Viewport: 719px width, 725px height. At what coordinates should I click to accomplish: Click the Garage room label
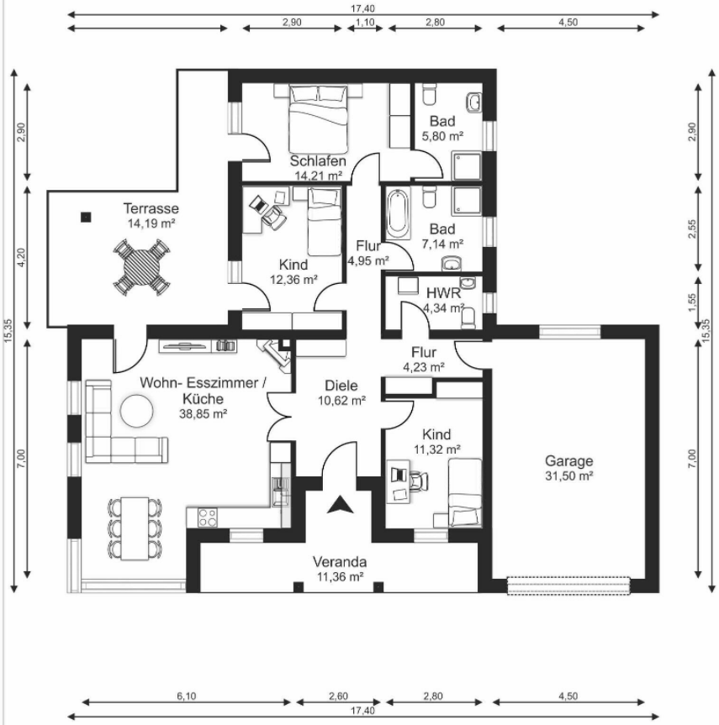click(568, 461)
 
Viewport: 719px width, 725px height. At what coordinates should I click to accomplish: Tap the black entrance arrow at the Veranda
click(340, 504)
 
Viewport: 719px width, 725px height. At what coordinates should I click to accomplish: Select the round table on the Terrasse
click(141, 268)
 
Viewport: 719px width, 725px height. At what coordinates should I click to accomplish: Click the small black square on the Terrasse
click(86, 217)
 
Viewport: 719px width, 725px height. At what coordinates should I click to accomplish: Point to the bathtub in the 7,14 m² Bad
click(397, 213)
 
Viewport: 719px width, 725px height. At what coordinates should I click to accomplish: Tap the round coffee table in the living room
click(136, 411)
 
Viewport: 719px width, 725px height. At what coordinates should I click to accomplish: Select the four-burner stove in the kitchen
click(207, 517)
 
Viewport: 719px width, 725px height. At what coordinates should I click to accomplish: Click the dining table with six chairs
click(135, 528)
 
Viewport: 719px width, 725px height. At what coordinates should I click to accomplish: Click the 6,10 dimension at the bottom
click(186, 696)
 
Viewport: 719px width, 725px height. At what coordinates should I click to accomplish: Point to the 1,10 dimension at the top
click(365, 22)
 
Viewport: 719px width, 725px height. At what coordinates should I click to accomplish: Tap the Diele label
click(341, 386)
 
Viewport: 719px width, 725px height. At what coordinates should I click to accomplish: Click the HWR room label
click(443, 292)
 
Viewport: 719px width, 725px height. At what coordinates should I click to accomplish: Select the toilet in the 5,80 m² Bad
click(429, 94)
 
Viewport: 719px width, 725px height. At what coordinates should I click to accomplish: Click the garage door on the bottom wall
click(568, 586)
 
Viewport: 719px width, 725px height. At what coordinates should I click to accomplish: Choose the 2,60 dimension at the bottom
click(338, 696)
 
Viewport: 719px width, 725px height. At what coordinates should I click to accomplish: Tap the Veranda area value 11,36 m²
click(340, 576)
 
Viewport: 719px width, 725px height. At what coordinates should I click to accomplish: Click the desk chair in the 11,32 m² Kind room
click(418, 480)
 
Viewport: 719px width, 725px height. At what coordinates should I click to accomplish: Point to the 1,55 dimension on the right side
click(692, 303)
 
